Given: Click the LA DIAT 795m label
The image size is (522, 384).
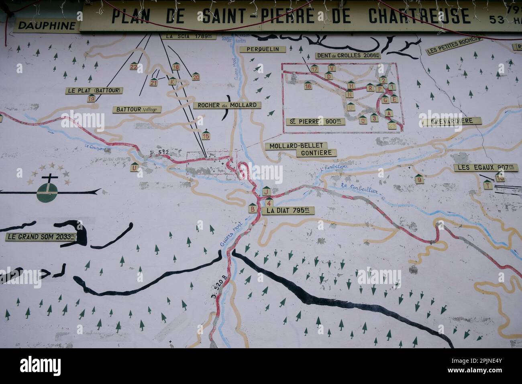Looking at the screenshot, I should (x=288, y=210).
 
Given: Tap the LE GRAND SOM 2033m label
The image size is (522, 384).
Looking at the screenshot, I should (x=41, y=237).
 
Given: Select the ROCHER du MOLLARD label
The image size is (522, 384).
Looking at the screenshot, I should (x=227, y=105).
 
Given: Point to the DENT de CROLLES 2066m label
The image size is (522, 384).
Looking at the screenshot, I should (x=348, y=56).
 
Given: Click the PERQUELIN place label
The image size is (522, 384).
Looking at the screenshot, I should (x=263, y=49).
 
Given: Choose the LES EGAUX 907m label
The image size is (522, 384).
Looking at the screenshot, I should (x=485, y=167).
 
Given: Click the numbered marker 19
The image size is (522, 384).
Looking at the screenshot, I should (x=92, y=98).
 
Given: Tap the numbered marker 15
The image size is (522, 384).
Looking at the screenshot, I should (x=206, y=136).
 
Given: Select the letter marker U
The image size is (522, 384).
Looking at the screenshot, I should (x=135, y=168).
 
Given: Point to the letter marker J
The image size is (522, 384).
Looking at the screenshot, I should (x=266, y=192).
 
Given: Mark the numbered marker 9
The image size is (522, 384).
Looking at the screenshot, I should (x=419, y=180).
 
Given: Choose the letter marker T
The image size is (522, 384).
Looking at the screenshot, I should (x=487, y=185).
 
